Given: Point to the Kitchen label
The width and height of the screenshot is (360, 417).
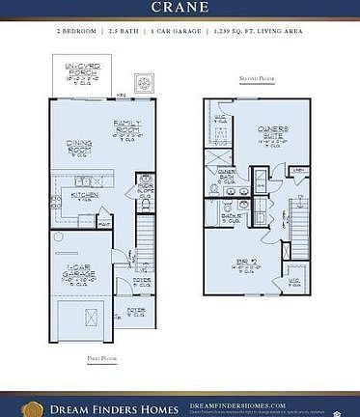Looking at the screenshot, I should point(84,197).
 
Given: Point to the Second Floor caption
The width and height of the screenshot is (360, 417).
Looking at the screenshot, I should point(257,79).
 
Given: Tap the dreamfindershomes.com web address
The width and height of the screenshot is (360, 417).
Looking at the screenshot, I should point(236,405).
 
